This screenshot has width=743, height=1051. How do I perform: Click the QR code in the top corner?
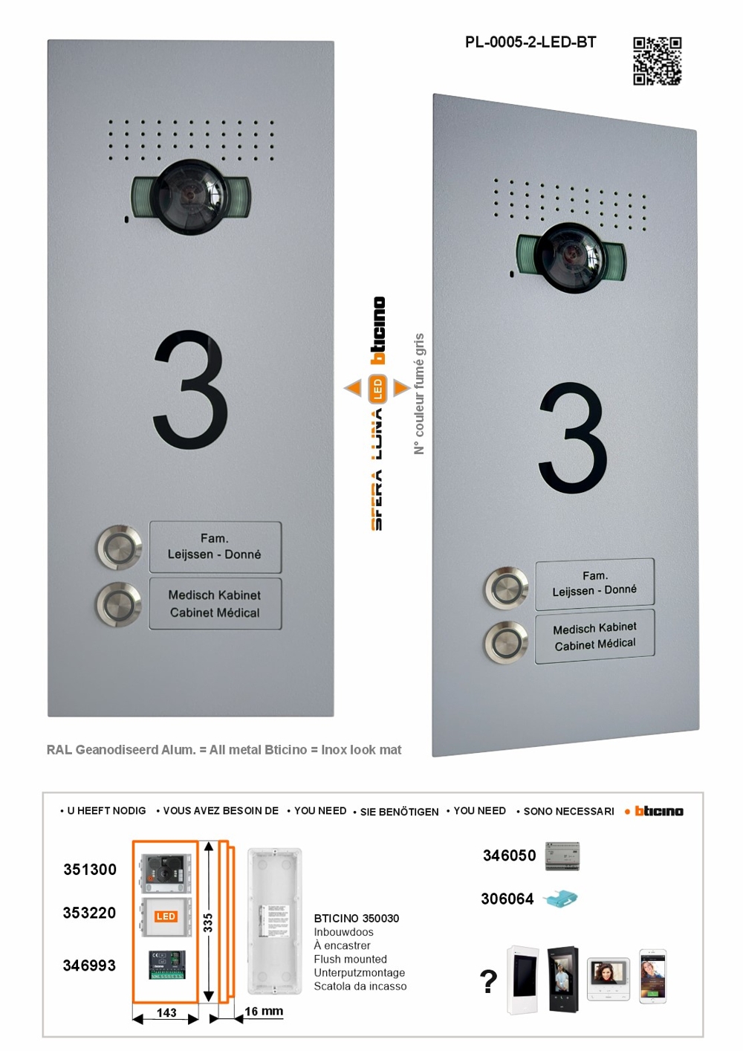657,61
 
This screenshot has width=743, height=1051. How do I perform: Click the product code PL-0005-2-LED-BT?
531,42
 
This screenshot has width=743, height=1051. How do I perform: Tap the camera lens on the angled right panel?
572,256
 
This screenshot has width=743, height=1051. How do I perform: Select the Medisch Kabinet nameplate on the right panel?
594,636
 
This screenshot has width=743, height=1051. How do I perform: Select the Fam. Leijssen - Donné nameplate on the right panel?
594,583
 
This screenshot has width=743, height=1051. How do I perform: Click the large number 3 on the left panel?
191,390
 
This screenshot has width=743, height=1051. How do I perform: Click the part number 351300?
90,870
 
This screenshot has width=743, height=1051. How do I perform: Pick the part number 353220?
89,913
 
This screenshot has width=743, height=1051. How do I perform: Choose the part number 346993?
89,966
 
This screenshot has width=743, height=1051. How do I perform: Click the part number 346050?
509,856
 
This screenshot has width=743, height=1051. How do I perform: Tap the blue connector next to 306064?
560,899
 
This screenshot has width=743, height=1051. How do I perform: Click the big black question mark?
488,982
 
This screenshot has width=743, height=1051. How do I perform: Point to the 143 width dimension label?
166,1012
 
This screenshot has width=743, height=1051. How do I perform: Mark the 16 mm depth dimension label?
264,1011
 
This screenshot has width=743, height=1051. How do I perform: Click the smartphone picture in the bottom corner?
653,975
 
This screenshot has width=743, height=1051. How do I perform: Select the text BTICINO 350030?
356,919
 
